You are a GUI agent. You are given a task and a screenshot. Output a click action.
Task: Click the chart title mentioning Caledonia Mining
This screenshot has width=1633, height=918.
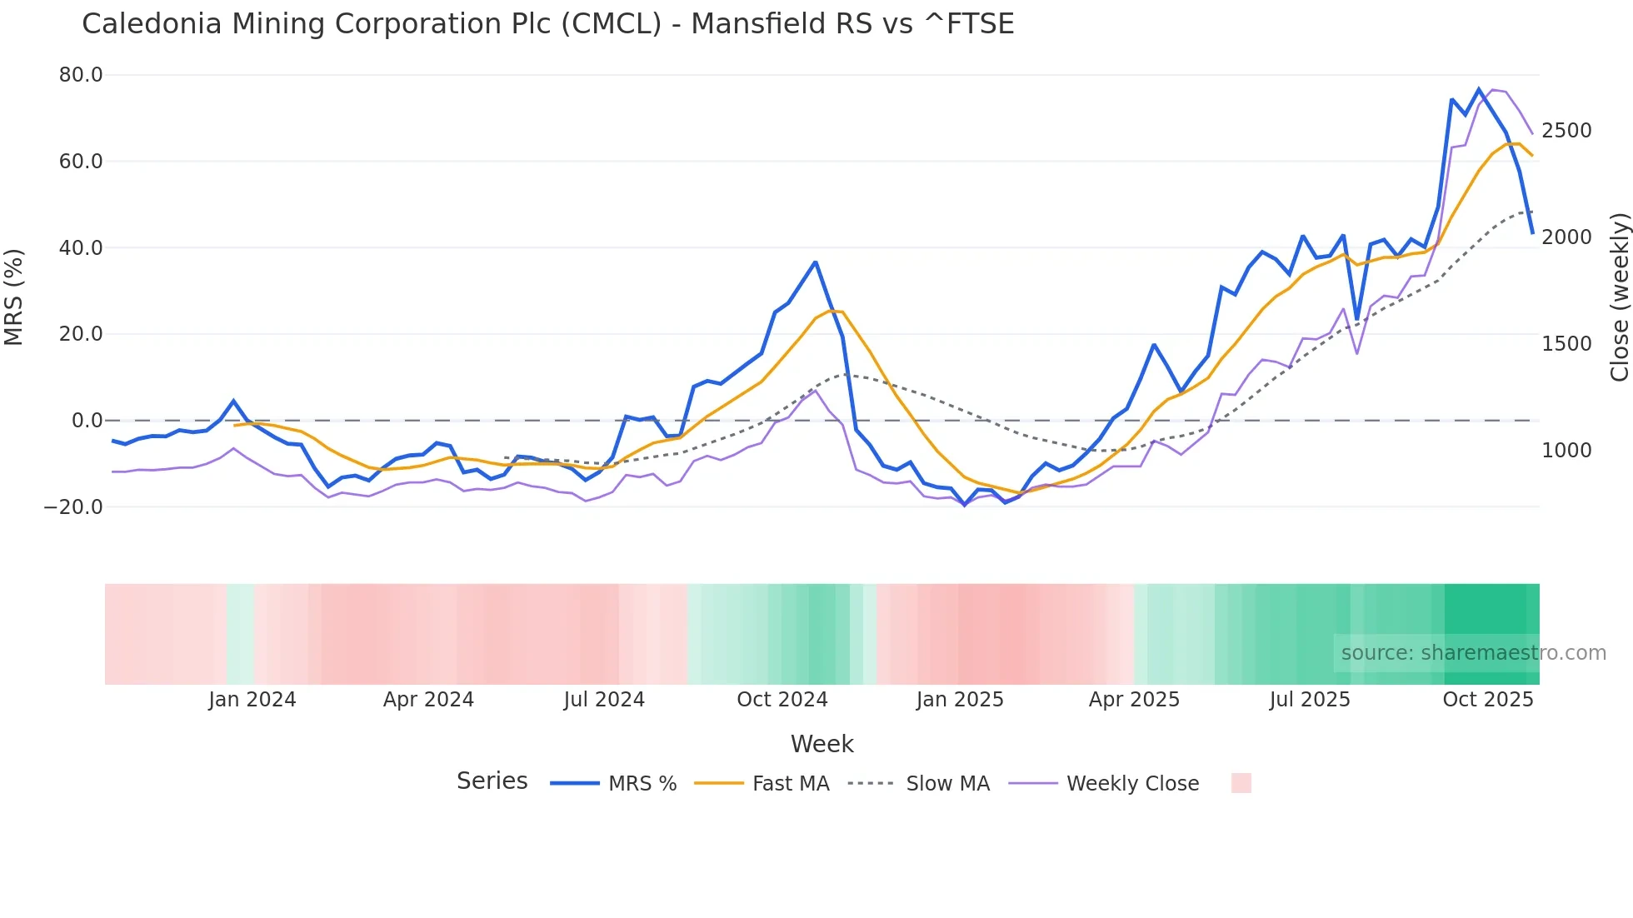[547, 24]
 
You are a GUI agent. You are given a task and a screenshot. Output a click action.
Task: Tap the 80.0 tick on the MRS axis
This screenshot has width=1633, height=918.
[81, 75]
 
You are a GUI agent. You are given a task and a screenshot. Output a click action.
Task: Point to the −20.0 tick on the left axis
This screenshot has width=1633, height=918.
[73, 506]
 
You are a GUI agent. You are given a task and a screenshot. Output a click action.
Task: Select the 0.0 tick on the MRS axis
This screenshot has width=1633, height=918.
[87, 421]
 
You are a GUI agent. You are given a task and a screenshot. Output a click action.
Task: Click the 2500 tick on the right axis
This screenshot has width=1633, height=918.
[1566, 131]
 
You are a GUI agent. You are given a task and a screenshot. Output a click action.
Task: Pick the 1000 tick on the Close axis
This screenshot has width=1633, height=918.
[1566, 451]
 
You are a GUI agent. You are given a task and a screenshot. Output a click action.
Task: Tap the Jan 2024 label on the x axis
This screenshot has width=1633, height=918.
[252, 700]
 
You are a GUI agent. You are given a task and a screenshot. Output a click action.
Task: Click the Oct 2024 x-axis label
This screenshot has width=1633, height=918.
[782, 700]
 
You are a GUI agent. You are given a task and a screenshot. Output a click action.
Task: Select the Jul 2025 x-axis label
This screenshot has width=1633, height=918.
[1309, 700]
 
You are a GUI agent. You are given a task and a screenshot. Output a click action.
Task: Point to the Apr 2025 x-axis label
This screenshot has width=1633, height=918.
[1134, 700]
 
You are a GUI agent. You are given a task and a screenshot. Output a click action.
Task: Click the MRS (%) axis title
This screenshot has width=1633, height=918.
[14, 297]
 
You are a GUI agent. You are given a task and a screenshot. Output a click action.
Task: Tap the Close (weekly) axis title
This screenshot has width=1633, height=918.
[1619, 297]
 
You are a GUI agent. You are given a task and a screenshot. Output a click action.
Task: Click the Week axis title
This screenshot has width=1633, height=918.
[821, 744]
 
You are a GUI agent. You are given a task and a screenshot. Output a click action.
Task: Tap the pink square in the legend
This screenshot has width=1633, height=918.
[1241, 783]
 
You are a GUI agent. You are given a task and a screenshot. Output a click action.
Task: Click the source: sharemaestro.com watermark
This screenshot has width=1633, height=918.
[1473, 653]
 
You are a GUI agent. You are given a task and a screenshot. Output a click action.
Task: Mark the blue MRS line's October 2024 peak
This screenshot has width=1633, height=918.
[816, 262]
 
